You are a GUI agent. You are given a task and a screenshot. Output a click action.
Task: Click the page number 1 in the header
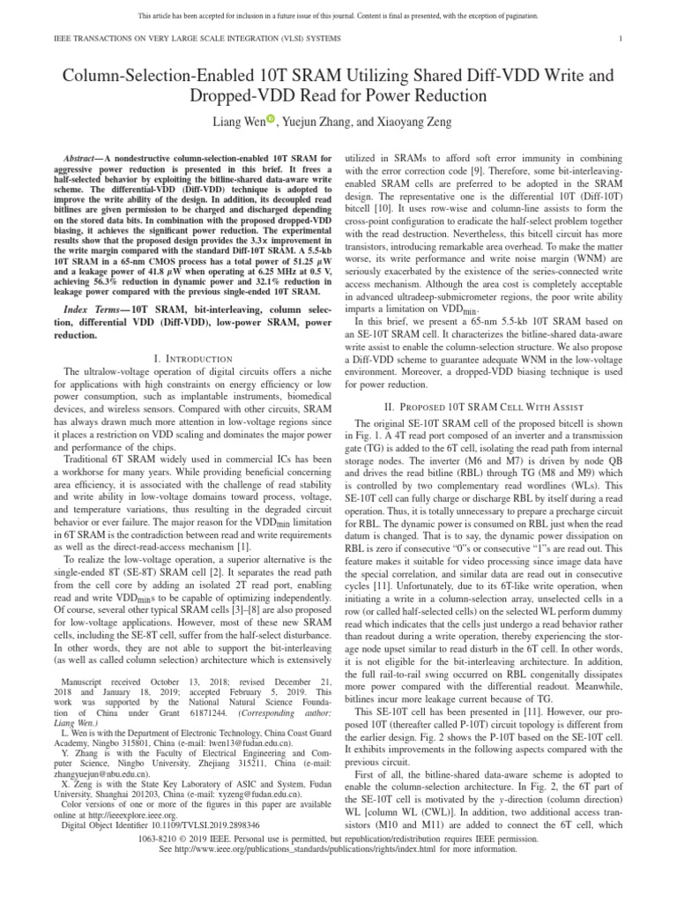click(622, 38)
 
